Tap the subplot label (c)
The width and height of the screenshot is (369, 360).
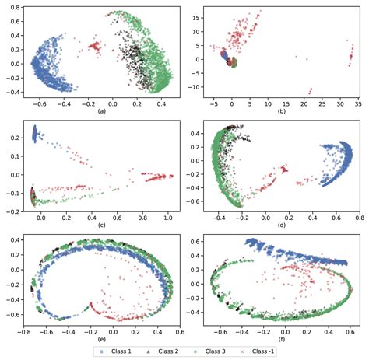point(100,225)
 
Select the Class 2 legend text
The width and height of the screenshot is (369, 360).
point(169,351)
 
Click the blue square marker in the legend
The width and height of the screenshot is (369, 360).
point(101,351)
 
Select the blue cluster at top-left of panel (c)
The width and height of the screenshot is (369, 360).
point(35,135)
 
